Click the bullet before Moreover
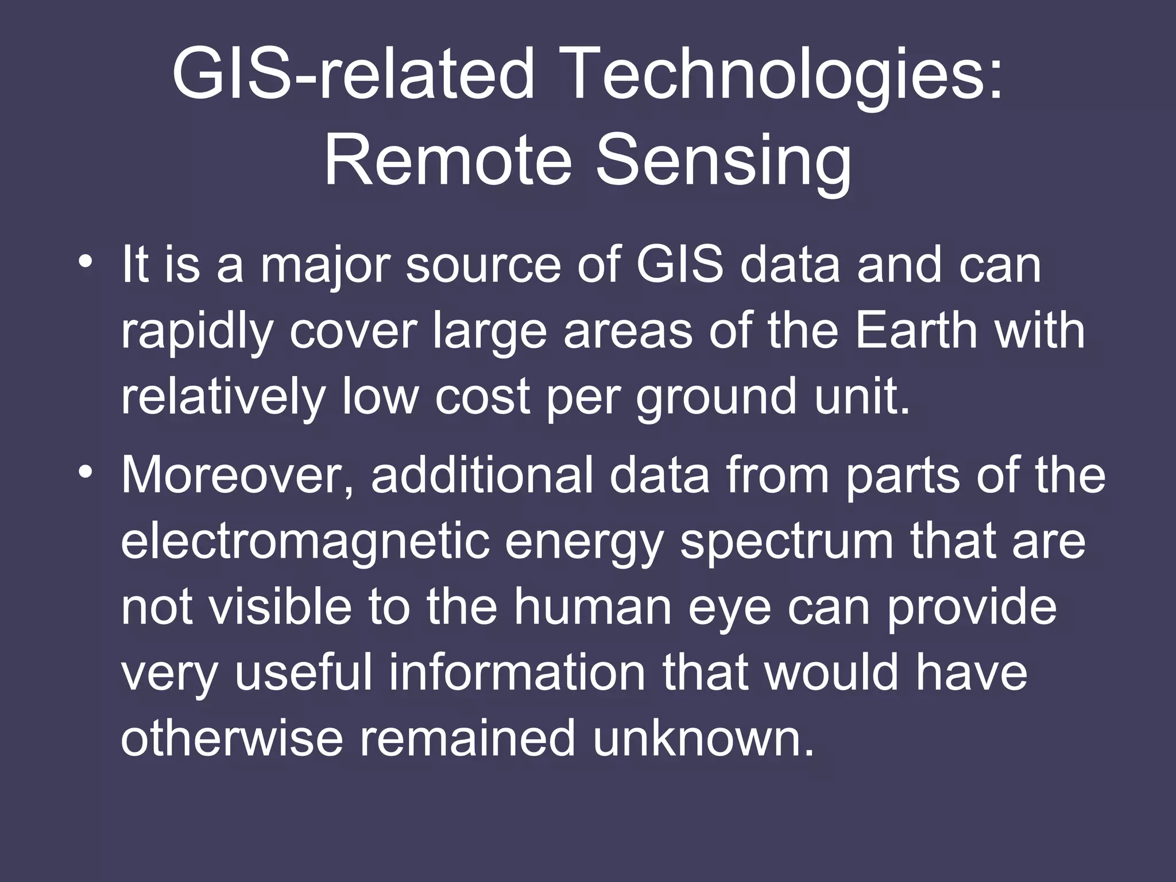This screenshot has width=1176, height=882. tap(86, 473)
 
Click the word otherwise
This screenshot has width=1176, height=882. tap(231, 739)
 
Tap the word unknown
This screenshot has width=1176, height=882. tap(703, 739)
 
